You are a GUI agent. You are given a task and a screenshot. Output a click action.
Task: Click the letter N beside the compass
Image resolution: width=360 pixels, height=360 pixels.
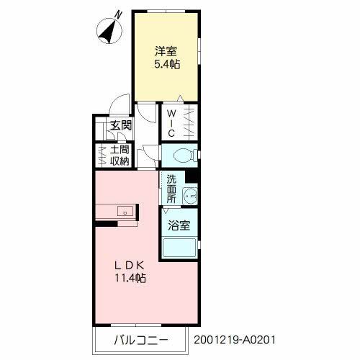coord(118,15)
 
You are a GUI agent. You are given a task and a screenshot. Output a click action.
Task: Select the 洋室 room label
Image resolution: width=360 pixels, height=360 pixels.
coord(166,51)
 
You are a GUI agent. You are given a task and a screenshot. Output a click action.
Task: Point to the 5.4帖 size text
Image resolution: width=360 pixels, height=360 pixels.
coord(167,64)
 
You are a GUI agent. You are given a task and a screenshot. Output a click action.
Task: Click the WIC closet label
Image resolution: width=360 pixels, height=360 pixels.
coord(171,123)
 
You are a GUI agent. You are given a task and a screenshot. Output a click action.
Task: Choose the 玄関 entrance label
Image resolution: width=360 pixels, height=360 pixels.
coord(121,125)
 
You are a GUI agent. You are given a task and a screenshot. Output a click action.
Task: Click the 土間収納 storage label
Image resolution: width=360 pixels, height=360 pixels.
coord(120,156)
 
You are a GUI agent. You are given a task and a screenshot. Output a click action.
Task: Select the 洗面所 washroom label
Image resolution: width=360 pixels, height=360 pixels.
coord(171,189)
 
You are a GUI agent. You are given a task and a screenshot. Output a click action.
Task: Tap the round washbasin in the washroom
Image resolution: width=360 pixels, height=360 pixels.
coord(190,196)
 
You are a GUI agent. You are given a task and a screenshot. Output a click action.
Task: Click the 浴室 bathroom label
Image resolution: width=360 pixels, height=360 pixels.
coord(179,225)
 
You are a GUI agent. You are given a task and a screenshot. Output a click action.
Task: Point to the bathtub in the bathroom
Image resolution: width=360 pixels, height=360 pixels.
coord(179,248)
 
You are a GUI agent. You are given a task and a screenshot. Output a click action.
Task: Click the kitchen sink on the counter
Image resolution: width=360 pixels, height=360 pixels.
coord(125,211)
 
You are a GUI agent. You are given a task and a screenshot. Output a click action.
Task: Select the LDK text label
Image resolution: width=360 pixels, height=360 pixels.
coord(130,265)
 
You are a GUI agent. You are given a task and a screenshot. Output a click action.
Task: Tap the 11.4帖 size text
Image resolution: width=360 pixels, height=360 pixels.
coord(130,278)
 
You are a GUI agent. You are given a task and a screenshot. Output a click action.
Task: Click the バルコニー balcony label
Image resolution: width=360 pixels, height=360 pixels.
coord(140,340)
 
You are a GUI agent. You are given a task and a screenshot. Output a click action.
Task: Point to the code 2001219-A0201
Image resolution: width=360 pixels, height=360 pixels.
coord(235,340)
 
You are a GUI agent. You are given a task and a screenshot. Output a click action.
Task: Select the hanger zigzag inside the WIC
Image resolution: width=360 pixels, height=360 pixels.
coord(189,123)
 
